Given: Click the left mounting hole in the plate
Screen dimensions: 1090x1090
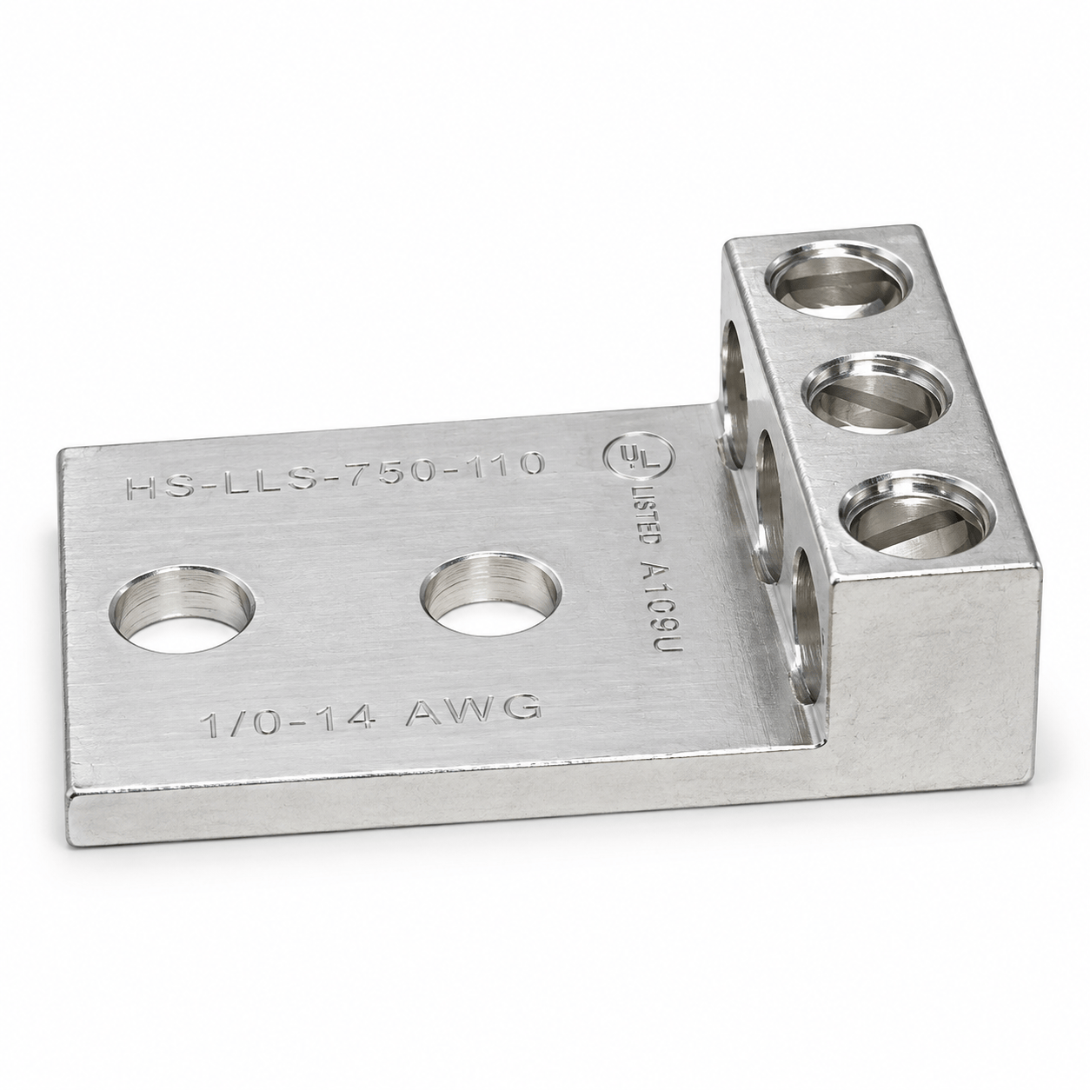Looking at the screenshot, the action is coord(183,610).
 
